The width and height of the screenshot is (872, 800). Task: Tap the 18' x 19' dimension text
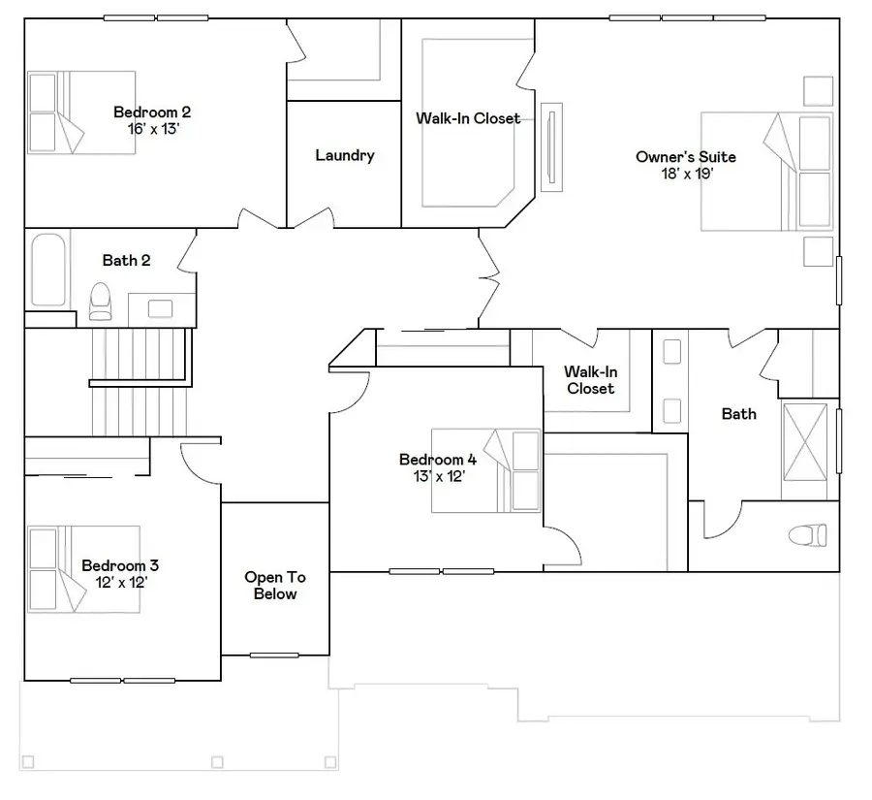(x=685, y=174)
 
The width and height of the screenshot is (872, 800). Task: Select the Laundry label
(x=344, y=155)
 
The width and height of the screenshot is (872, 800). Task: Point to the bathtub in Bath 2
(x=47, y=269)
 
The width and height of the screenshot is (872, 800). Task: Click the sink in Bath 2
(x=159, y=308)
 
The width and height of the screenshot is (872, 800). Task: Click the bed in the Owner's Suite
(x=765, y=172)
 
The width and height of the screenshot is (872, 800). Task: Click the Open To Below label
(x=275, y=586)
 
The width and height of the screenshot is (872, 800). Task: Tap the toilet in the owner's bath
(x=806, y=534)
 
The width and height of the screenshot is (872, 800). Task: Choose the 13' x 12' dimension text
(x=438, y=476)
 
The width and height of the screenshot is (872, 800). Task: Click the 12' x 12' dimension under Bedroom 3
(x=120, y=582)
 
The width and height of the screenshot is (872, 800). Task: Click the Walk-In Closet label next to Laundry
(x=468, y=118)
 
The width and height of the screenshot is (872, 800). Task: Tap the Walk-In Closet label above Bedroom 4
(x=590, y=380)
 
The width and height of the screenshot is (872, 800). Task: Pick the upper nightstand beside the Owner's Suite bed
(x=819, y=90)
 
